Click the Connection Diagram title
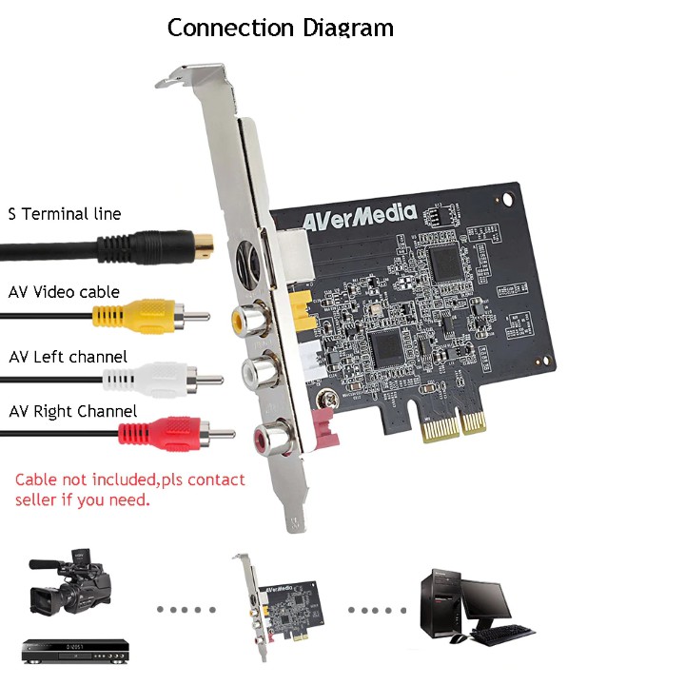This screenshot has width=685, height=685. (280, 27)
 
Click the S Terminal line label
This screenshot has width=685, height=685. (65, 214)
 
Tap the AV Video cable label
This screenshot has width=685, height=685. (65, 292)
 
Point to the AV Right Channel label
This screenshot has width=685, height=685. (73, 412)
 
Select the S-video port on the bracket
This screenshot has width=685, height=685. (252, 258)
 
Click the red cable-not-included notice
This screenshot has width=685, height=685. (129, 489)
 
